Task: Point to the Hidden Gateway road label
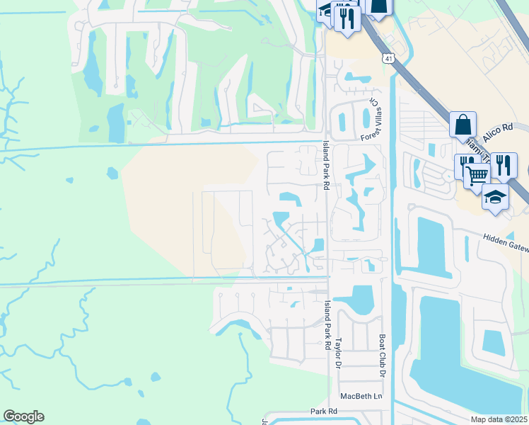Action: click(x=506, y=242)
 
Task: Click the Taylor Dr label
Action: click(x=338, y=352)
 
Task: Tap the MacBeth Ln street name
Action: click(x=360, y=396)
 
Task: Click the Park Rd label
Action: click(x=320, y=411)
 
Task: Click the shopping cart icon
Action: click(x=478, y=174)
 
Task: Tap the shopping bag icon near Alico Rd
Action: click(x=462, y=124)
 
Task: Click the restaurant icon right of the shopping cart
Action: click(x=503, y=165)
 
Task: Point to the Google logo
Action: click(x=23, y=416)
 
